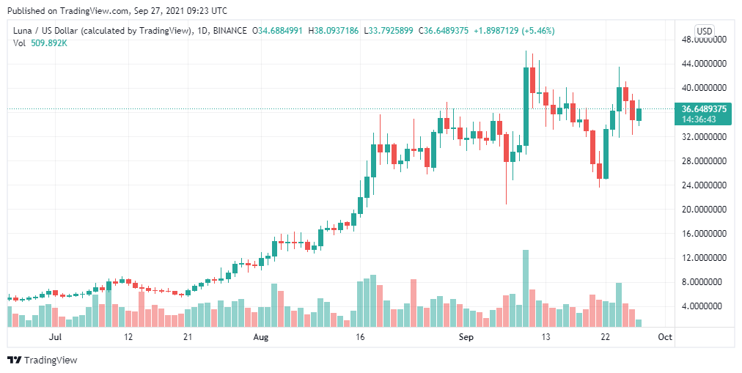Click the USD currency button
tap(704, 31)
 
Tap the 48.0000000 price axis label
tap(704, 40)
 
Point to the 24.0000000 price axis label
tap(704, 185)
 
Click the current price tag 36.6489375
tap(704, 108)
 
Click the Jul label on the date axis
tap(54, 338)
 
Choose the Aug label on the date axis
tap(261, 338)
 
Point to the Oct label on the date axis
tap(665, 338)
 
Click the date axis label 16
tap(360, 338)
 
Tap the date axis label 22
tap(606, 338)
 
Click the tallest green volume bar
tap(526, 289)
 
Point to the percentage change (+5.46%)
tap(535, 31)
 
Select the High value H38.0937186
tap(334, 31)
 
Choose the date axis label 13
tap(546, 338)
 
